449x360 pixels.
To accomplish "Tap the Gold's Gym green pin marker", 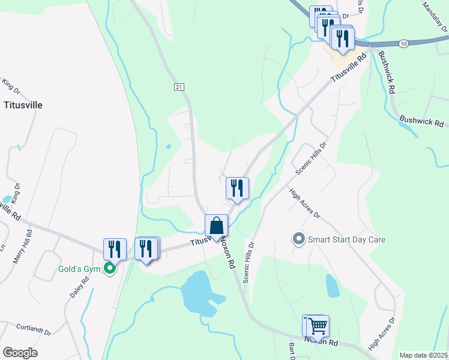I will click(x=110, y=268).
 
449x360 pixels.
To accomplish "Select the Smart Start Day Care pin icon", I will click(x=299, y=239).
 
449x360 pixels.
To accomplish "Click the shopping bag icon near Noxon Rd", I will click(x=217, y=226).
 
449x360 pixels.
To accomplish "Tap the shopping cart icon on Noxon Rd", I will click(x=318, y=326).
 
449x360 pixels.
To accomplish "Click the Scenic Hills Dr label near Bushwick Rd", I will click(x=310, y=158).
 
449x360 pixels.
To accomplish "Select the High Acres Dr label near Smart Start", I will click(x=304, y=204).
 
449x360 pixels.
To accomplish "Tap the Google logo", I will click(x=20, y=353).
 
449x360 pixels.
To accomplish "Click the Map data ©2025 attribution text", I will click(x=423, y=355).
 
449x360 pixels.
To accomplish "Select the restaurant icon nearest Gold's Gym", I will click(x=115, y=249).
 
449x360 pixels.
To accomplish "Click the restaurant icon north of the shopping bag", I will click(x=237, y=188).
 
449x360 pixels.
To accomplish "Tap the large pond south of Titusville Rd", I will click(x=199, y=292).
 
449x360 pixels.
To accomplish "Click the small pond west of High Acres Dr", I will click(x=332, y=286).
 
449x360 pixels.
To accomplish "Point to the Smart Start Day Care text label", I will click(x=346, y=239).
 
